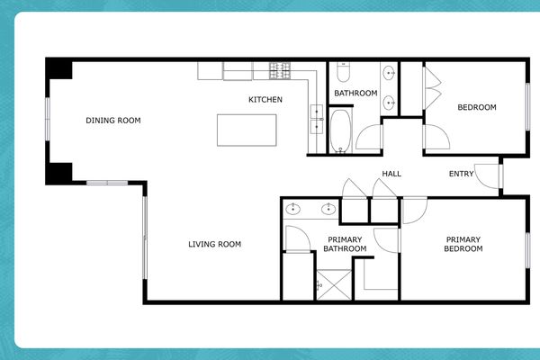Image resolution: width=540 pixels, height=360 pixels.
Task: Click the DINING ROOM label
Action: tap(113, 120)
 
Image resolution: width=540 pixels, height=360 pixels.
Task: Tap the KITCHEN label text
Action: tap(265, 99)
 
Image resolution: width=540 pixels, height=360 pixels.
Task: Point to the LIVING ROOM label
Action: tap(214, 244)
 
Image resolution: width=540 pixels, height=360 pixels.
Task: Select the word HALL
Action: tap(391, 174)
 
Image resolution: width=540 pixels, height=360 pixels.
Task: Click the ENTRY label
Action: tap(461, 174)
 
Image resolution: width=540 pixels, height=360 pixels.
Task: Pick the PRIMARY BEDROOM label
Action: tap(463, 244)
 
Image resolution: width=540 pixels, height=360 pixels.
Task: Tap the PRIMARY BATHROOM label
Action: tap(346, 244)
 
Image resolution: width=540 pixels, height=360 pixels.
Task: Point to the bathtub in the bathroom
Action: tap(341, 130)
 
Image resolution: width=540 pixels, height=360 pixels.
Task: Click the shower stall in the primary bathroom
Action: tap(332, 283)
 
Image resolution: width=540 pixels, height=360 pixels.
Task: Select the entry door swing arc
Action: tap(486, 175)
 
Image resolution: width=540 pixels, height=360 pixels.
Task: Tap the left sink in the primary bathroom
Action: tap(294, 210)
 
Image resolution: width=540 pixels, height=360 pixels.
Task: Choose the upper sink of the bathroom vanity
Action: tap(390, 73)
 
